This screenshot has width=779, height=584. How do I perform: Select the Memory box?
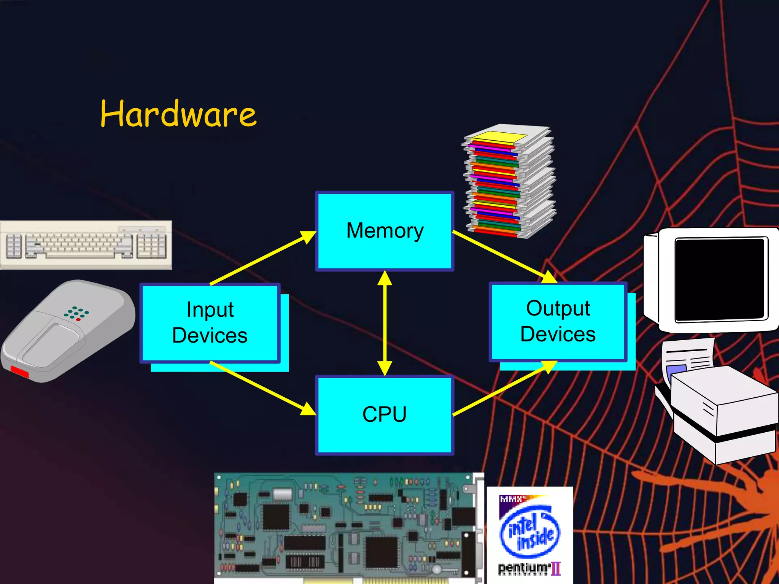coord(385,231)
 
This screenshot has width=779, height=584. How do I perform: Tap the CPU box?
coord(385,414)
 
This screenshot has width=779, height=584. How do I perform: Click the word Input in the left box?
coord(210,309)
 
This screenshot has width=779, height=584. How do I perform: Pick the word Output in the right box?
coord(558,308)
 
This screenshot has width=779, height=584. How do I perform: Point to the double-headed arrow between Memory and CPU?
coord(385,323)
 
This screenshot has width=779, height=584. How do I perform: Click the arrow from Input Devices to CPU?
coord(262,388)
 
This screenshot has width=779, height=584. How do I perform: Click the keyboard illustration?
coord(86,245)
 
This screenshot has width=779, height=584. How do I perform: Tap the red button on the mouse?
coord(19,371)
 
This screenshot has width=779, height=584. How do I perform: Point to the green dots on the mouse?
coord(76,313)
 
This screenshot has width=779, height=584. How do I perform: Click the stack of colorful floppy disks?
coord(509,182)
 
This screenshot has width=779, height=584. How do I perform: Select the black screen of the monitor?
coord(720,279)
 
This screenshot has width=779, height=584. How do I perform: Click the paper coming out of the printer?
coord(687,357)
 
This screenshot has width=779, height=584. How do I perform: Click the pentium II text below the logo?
coord(529,569)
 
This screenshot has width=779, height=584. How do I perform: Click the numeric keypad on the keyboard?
coord(151,246)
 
